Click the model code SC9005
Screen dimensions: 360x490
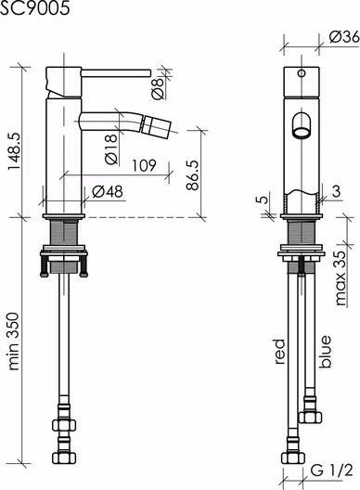[34, 7]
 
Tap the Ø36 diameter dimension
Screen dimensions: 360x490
[344, 37]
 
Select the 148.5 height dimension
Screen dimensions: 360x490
[14, 151]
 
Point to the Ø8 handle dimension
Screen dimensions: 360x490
[158, 88]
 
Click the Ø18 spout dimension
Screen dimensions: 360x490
[111, 149]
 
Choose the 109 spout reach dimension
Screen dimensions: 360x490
[144, 165]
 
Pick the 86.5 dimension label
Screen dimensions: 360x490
[192, 175]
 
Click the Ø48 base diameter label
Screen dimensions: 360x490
[108, 191]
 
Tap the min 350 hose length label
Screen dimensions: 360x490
[14, 342]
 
